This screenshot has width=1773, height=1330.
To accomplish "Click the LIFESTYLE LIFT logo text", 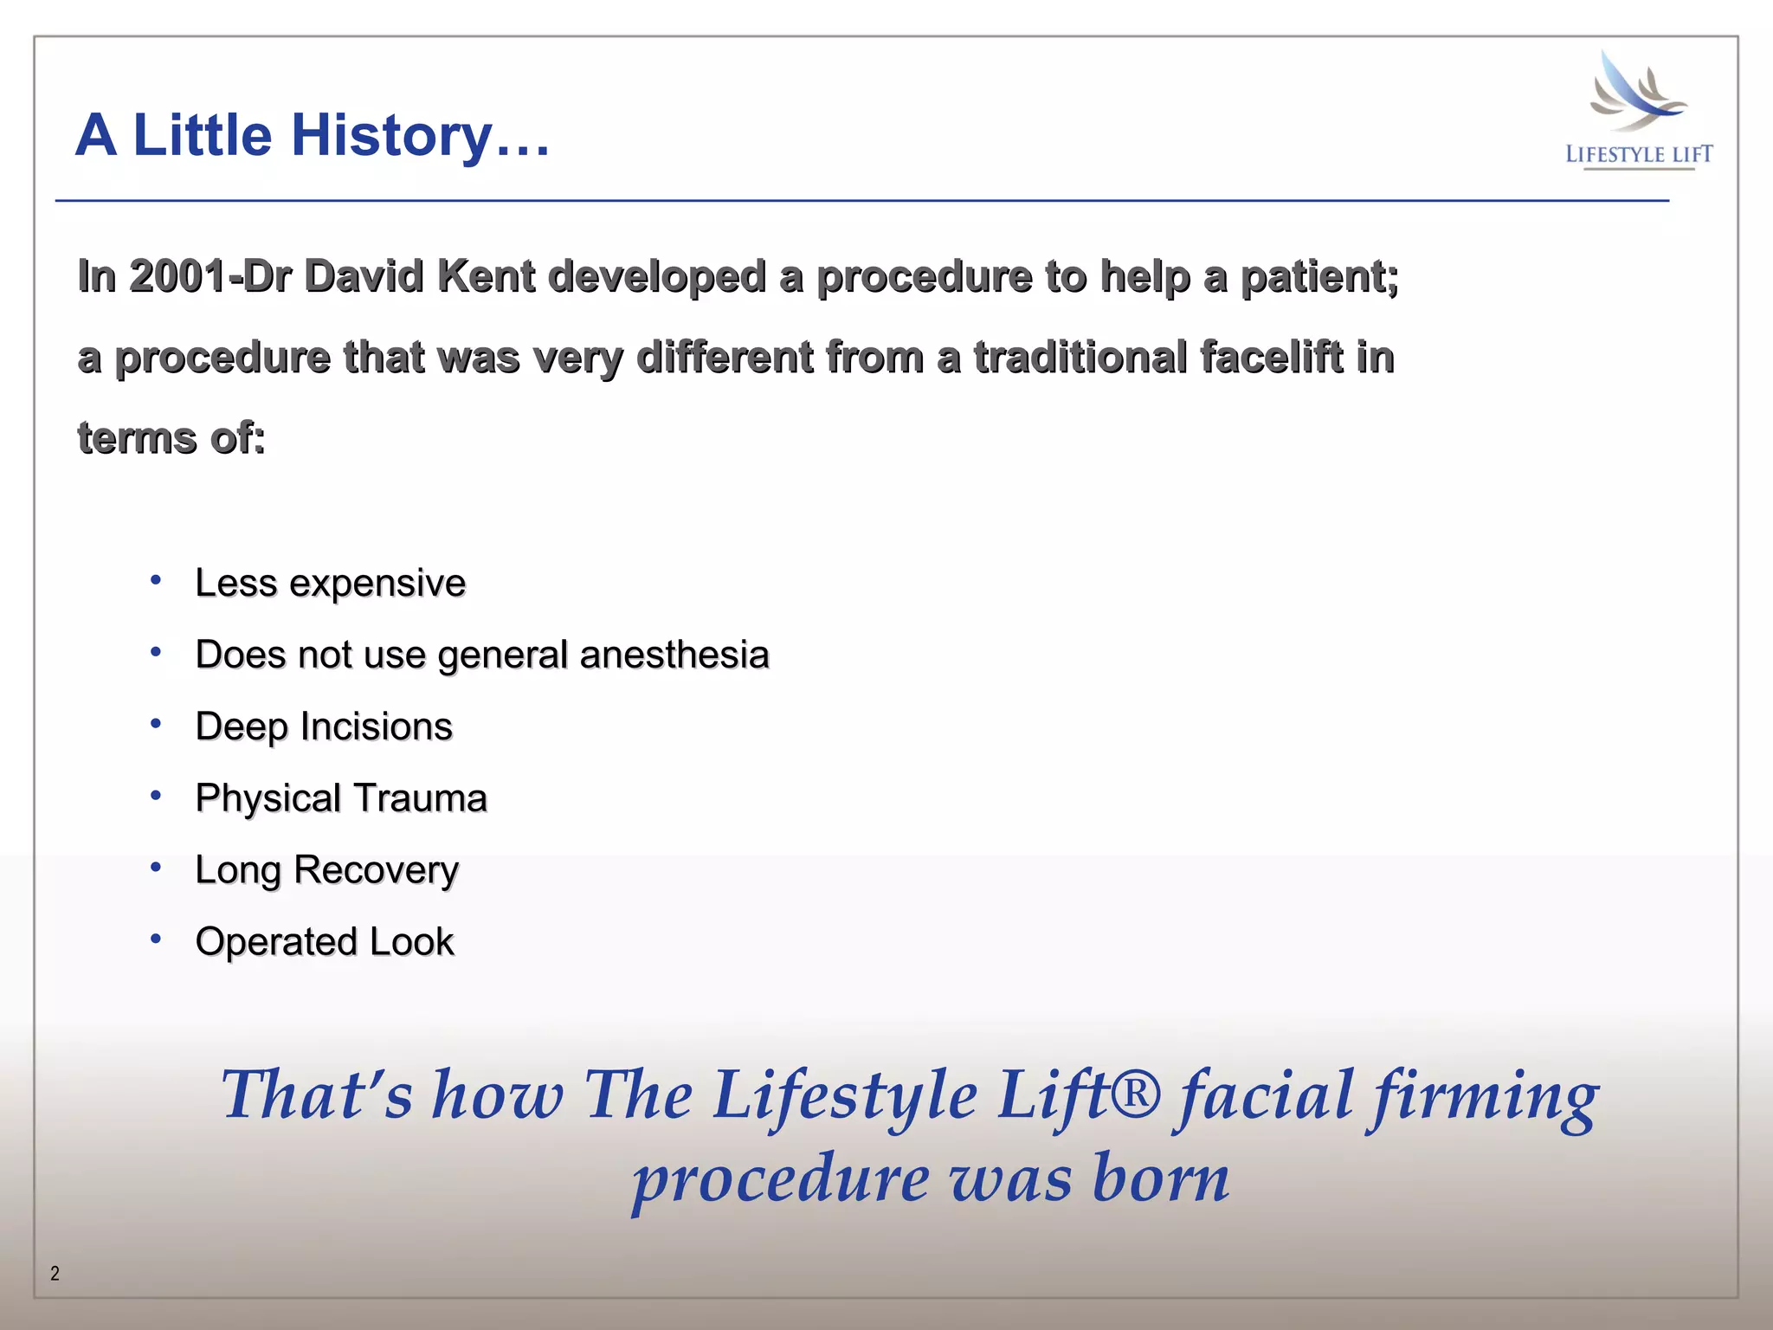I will (1639, 155).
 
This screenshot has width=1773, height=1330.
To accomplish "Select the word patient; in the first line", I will (1319, 277).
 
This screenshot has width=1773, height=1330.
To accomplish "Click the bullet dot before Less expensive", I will (156, 579).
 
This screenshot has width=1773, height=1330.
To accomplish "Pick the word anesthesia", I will (674, 655).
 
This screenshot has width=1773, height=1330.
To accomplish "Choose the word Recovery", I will (376, 870).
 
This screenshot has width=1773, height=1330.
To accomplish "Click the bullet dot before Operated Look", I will (156, 938).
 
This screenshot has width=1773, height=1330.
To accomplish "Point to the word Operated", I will (276, 942).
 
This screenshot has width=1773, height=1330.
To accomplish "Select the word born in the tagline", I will (1161, 1179).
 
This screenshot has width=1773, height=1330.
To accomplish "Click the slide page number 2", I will (55, 1273).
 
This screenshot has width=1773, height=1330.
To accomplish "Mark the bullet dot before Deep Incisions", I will (156, 723).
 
